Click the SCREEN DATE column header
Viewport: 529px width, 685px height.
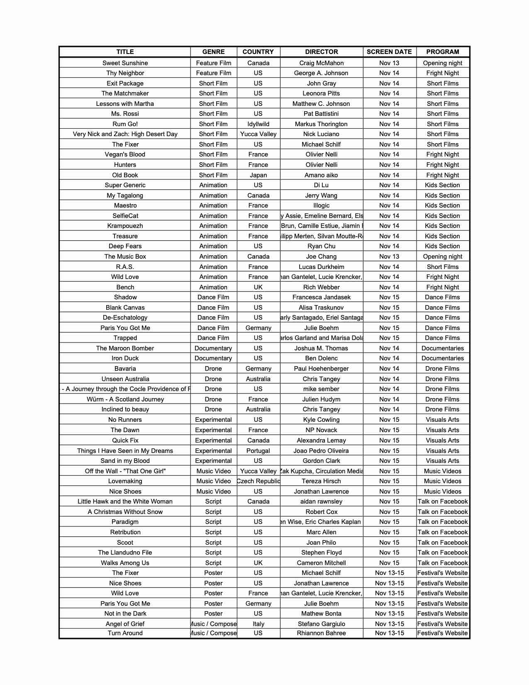tap(389, 52)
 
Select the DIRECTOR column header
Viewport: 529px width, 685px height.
tap(322, 52)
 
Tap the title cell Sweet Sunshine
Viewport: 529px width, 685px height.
tap(125, 63)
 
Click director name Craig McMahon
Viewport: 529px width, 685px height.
tap(322, 63)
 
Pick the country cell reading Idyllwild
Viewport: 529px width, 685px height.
tap(258, 124)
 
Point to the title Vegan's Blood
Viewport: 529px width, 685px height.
tap(125, 154)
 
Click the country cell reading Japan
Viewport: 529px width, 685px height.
tap(258, 175)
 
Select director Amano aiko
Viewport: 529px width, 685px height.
tap(322, 175)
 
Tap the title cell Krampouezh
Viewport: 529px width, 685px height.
tap(125, 226)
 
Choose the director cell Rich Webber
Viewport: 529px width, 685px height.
tap(322, 287)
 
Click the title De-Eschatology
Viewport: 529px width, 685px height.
tap(125, 318)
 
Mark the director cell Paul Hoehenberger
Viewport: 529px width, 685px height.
tap(322, 369)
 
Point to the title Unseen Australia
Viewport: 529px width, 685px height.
tap(125, 379)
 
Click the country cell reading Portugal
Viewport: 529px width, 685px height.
tap(258, 451)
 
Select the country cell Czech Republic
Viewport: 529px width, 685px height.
tap(258, 481)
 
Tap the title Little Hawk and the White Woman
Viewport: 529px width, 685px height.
tap(125, 502)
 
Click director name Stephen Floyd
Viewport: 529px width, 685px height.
tap(322, 553)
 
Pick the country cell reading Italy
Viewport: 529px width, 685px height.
tap(258, 624)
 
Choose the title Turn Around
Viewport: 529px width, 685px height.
tap(125, 633)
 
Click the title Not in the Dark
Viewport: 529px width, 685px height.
tap(125, 614)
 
